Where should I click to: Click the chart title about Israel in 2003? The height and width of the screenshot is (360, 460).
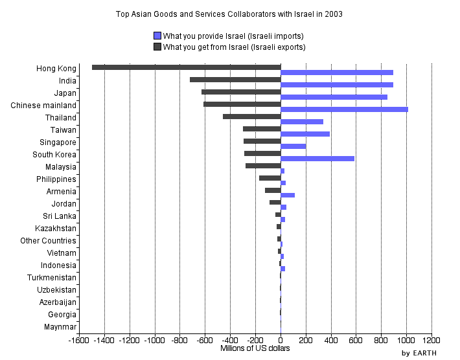229,14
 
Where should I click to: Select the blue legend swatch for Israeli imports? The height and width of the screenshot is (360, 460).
157,36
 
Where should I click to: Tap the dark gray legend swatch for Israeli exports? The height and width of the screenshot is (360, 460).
157,47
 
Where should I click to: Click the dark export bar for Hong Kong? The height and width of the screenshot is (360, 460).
186,67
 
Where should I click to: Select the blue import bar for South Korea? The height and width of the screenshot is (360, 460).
317,159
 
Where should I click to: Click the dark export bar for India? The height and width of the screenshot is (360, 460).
235,80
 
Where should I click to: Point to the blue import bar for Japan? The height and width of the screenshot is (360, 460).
334,97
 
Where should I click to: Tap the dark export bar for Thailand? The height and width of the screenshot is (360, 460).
251,117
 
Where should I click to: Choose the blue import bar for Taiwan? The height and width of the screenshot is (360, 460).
305,134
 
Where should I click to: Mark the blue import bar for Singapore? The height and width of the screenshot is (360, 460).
293,146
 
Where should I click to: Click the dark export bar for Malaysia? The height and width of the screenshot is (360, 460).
263,166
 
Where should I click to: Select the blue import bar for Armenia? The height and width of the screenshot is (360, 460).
288,195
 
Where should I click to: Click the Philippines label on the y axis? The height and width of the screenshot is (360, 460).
56,179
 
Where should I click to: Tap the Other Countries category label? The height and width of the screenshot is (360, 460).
49,241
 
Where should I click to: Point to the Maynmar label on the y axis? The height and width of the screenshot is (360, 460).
60,327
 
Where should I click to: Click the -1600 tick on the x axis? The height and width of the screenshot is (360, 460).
79,340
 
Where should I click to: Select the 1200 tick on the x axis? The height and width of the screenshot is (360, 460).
431,340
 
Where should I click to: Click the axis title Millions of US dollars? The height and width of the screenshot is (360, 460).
255,348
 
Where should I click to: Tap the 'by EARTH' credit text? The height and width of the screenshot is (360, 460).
419,353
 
